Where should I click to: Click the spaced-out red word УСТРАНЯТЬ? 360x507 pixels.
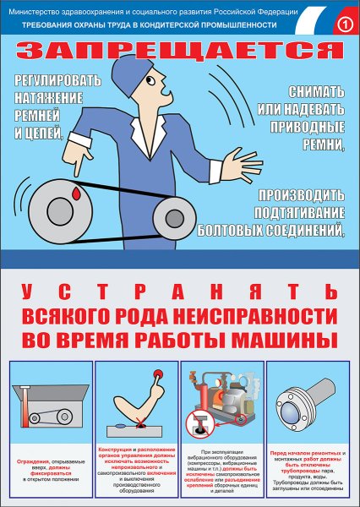pos(180,292)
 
